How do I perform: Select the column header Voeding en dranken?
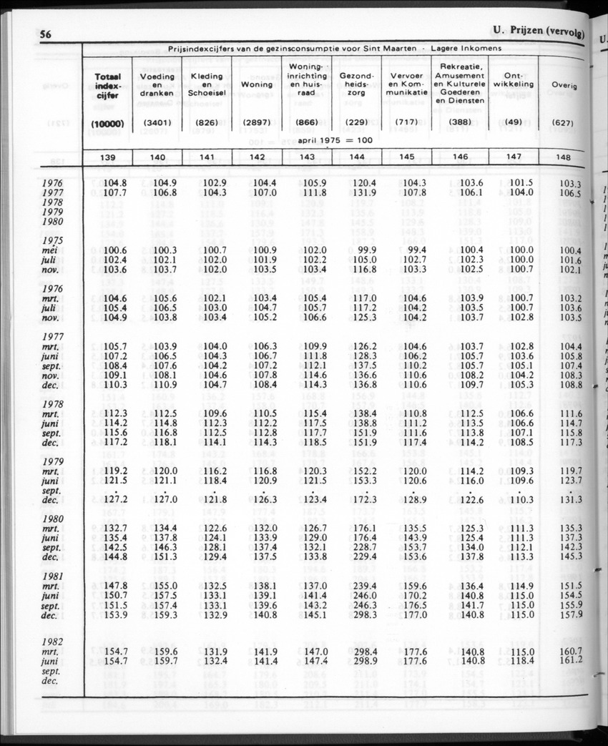[x=157, y=84]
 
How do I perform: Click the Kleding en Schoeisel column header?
[x=207, y=84]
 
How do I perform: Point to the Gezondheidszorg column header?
[x=356, y=84]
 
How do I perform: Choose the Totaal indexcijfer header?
[x=107, y=85]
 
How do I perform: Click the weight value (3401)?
[x=157, y=123]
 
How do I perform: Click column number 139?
[x=107, y=157]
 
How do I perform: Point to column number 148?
[x=569, y=158]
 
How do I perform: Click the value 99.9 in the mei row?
[x=366, y=250]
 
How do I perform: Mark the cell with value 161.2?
[x=570, y=660]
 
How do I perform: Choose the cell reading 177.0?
[x=414, y=614]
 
